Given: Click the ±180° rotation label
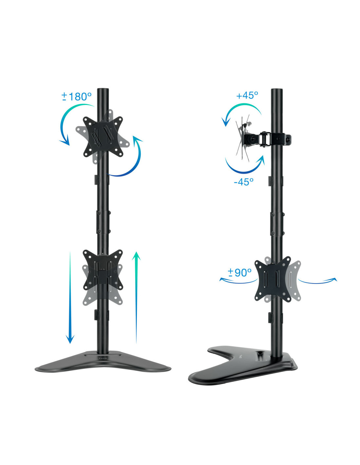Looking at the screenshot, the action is (x=76, y=96).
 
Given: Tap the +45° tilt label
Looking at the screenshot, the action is (x=247, y=95).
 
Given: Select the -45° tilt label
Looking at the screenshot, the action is (x=243, y=182).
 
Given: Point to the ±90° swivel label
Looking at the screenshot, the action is (x=240, y=272).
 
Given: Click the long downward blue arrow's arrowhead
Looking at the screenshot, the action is (x=70, y=339).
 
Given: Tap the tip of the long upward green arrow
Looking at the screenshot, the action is (x=136, y=252).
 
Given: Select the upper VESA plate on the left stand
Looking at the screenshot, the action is (x=103, y=137).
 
